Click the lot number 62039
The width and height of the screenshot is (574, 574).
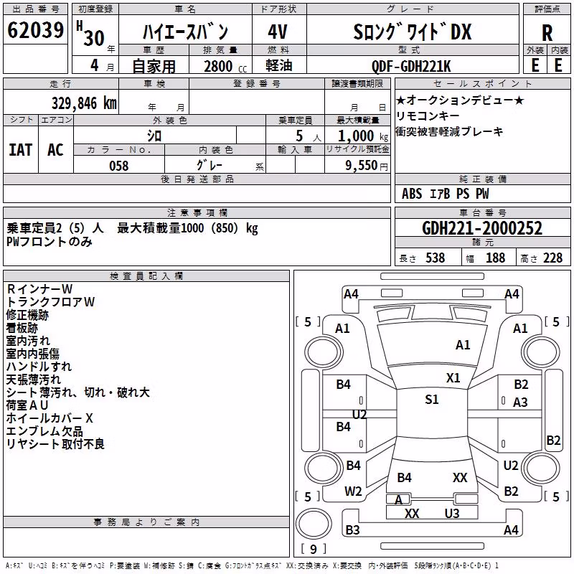[x=35, y=30]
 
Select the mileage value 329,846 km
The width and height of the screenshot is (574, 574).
[x=84, y=103]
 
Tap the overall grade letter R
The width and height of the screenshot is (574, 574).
[x=547, y=33]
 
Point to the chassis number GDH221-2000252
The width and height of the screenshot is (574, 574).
[x=481, y=228]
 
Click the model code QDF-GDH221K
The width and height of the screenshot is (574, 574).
[x=411, y=66]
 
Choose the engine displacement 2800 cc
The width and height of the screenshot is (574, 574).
[x=225, y=66]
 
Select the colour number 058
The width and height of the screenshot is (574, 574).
[x=119, y=166]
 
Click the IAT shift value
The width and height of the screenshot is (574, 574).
[x=21, y=150]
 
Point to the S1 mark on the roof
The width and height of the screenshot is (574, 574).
[x=432, y=400]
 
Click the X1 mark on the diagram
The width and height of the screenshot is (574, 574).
[x=453, y=378]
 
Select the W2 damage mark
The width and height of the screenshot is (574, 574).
[x=353, y=491]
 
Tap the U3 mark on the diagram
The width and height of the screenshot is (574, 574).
[x=452, y=514]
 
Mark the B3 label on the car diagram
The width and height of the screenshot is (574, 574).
[x=352, y=530]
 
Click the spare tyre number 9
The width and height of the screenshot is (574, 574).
[x=314, y=549]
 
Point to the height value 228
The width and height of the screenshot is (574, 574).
[x=552, y=258]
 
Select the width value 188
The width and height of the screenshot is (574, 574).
[x=495, y=258]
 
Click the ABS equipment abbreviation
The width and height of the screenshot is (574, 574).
[x=412, y=194]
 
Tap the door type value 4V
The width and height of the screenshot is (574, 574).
[x=278, y=32]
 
